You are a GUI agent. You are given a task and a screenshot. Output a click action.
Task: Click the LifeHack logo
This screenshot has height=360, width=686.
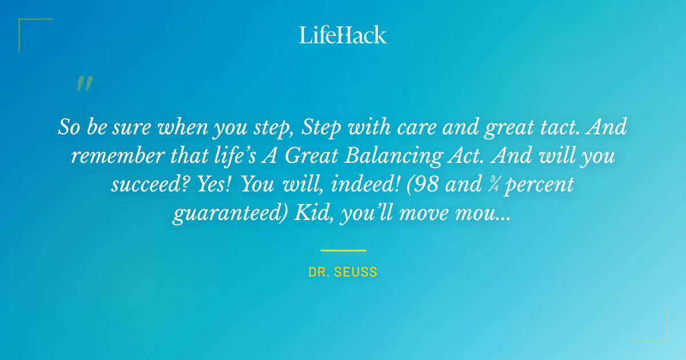[x=342, y=35]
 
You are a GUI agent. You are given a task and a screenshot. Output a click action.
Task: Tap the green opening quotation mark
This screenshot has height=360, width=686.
[x=84, y=84]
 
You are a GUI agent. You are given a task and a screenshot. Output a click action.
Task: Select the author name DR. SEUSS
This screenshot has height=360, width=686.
[x=342, y=272]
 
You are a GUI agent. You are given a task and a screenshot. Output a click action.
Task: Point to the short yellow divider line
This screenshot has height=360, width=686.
[x=343, y=250]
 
